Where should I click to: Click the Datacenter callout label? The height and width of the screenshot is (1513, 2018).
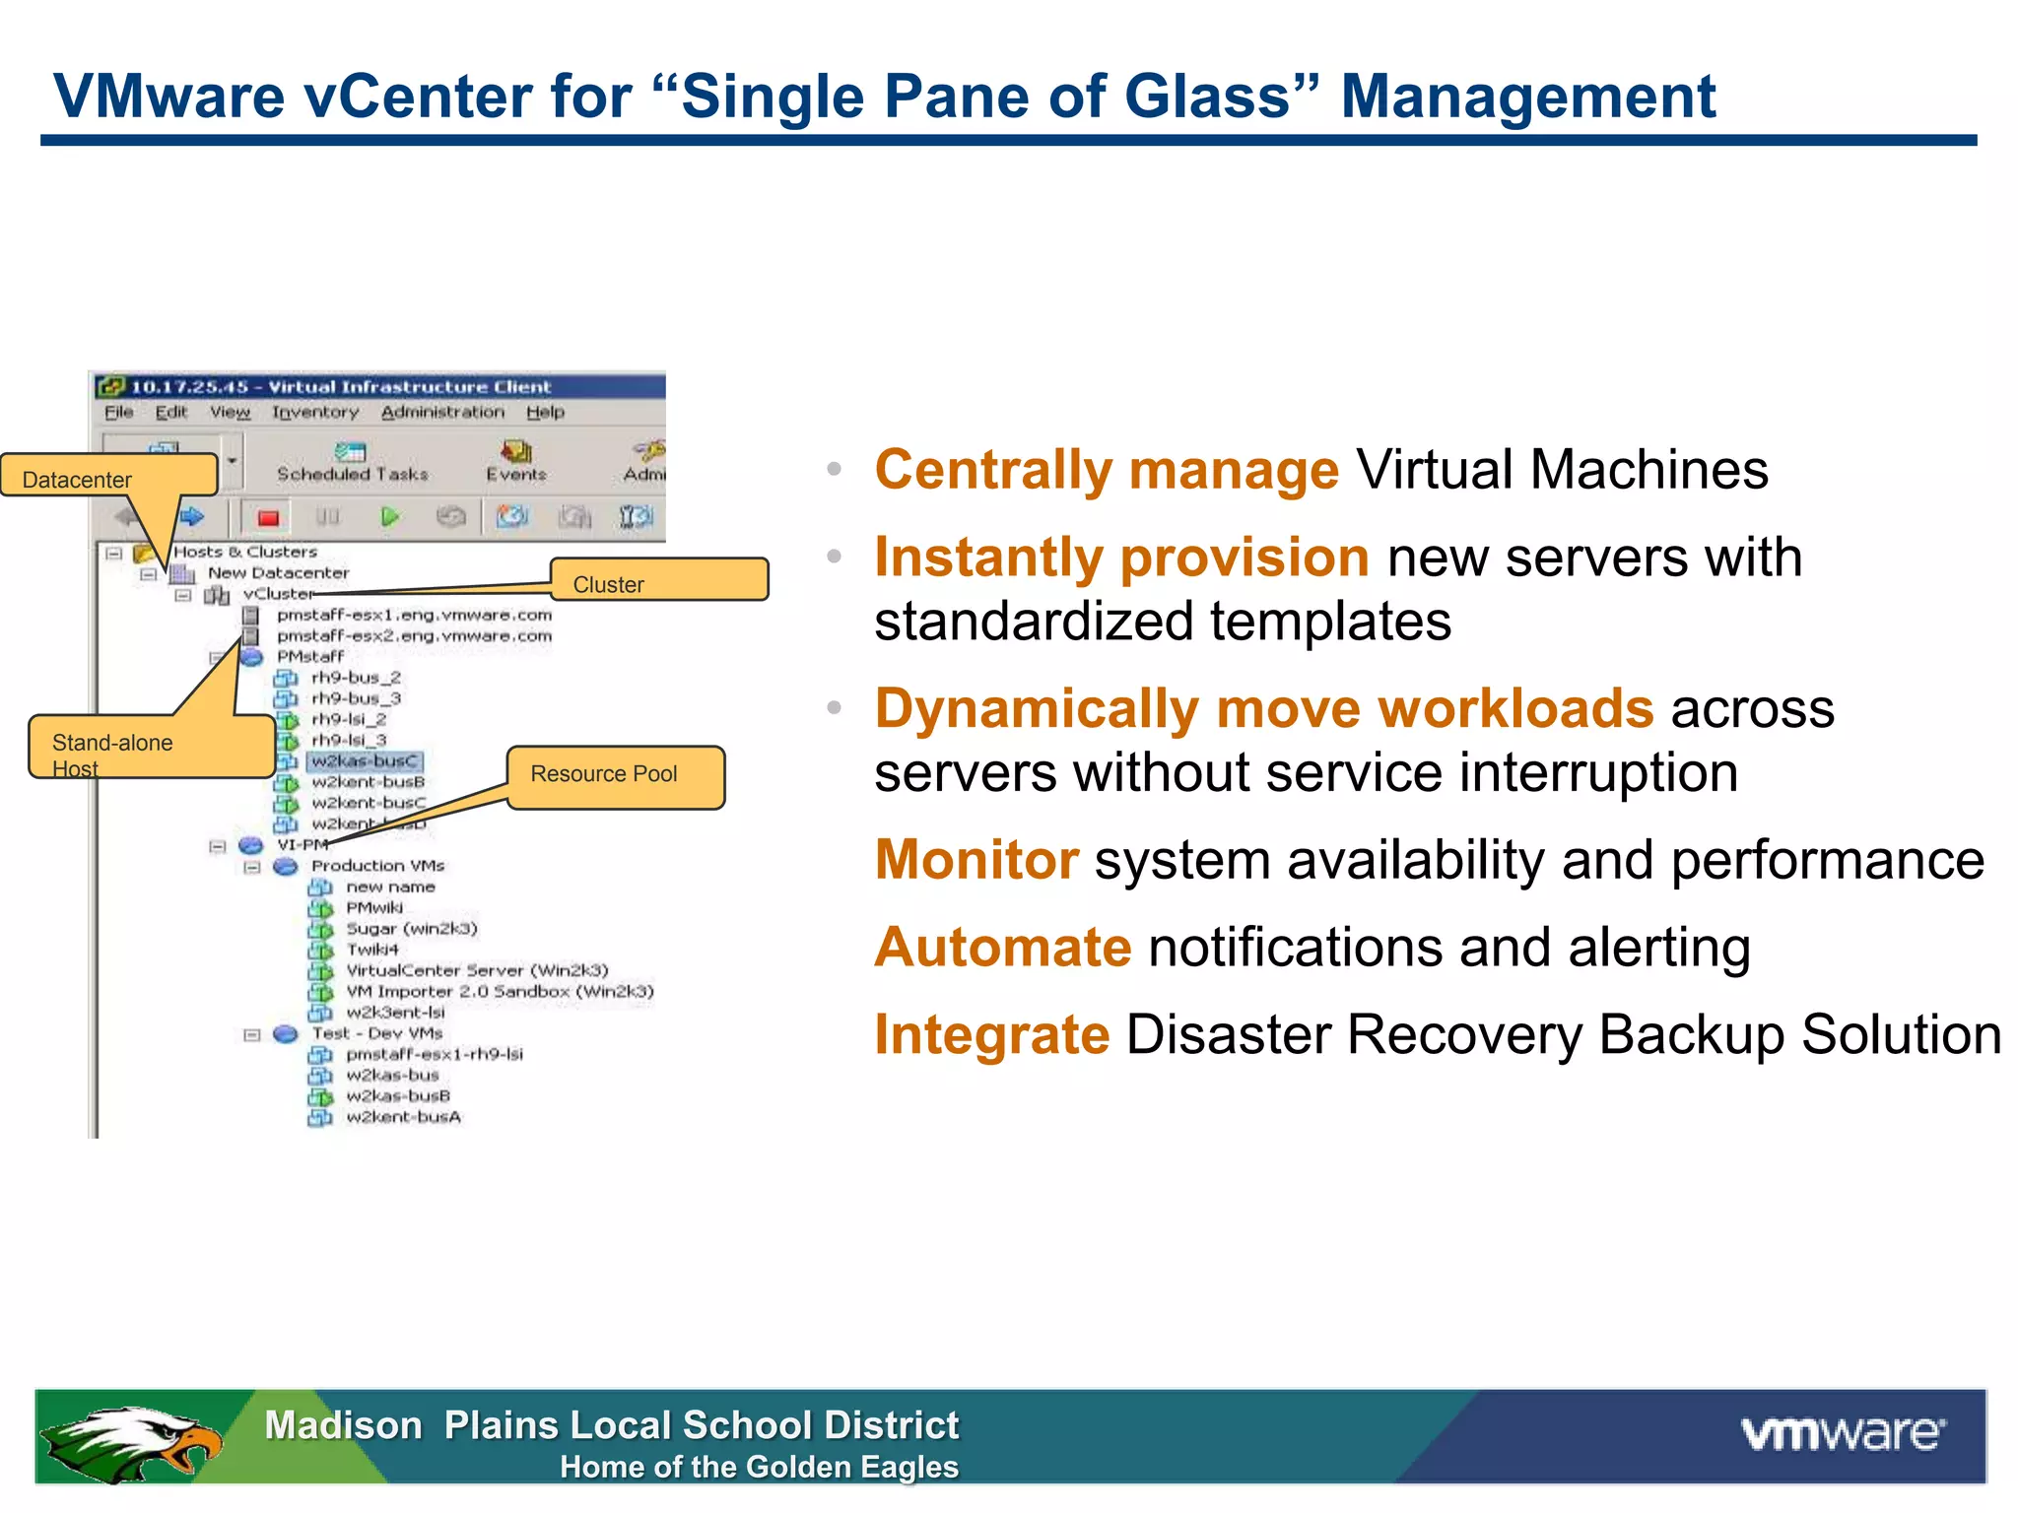(x=108, y=477)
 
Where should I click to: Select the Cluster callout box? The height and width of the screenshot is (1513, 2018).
(x=658, y=580)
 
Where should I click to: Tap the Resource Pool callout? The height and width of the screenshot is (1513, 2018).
(x=615, y=776)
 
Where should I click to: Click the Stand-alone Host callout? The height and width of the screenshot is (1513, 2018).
(x=151, y=748)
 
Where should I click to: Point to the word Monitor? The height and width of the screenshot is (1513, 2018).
(x=975, y=860)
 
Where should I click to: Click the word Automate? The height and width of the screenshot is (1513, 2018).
(x=1002, y=948)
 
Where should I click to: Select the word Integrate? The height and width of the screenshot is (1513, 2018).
(x=991, y=1035)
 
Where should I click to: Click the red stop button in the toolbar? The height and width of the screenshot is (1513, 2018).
(x=268, y=517)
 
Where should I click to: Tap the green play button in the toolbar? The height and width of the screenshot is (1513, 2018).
(x=390, y=516)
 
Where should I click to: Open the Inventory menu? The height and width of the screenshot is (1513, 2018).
(x=315, y=412)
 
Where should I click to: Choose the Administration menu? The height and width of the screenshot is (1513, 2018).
(x=442, y=412)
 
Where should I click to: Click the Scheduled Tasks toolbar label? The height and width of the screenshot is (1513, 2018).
(x=352, y=473)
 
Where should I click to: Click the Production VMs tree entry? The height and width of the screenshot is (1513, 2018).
(x=377, y=866)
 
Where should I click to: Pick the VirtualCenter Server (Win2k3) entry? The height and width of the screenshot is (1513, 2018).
(x=477, y=970)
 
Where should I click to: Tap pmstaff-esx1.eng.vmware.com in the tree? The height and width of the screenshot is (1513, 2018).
(x=414, y=615)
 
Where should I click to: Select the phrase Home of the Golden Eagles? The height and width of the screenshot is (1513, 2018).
(x=759, y=1468)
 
